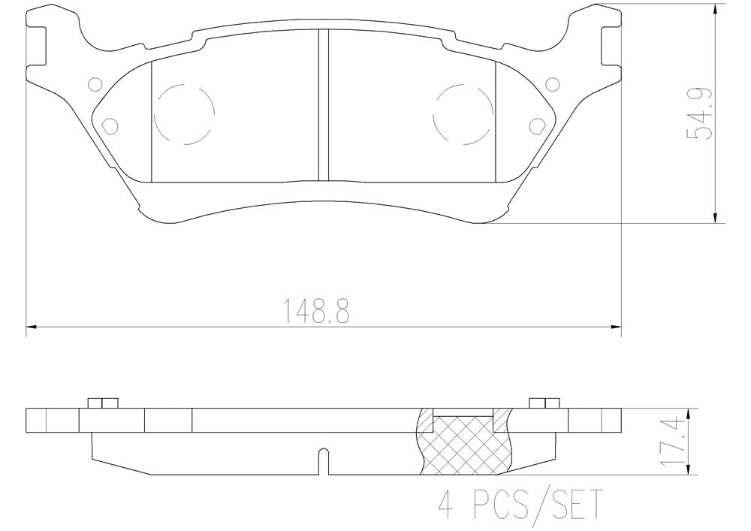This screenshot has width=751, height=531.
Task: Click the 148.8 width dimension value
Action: click(317, 311)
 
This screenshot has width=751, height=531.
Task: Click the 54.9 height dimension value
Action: click(699, 114)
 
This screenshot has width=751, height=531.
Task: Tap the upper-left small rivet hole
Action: click(96, 85)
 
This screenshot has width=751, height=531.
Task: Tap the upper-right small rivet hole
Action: click(553, 85)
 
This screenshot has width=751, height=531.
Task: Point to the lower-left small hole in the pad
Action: click(110, 125)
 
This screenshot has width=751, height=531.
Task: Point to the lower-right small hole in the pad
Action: click(538, 125)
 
